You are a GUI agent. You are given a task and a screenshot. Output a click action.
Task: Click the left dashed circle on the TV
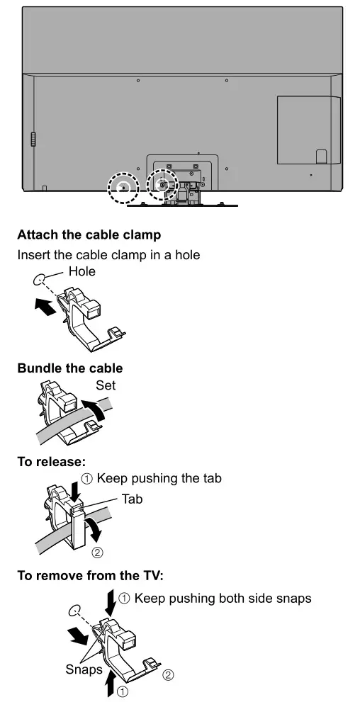(x=122, y=187)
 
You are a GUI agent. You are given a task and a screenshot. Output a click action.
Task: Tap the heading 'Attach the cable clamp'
(x=89, y=234)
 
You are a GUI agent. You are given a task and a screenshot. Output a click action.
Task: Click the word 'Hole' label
(x=81, y=271)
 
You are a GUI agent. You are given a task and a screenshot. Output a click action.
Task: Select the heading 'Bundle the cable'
(x=69, y=368)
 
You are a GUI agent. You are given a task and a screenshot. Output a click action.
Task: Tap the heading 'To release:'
(x=51, y=462)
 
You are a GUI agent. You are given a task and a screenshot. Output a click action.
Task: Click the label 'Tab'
(x=132, y=499)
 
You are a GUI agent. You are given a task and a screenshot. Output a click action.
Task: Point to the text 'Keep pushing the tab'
(x=159, y=479)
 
